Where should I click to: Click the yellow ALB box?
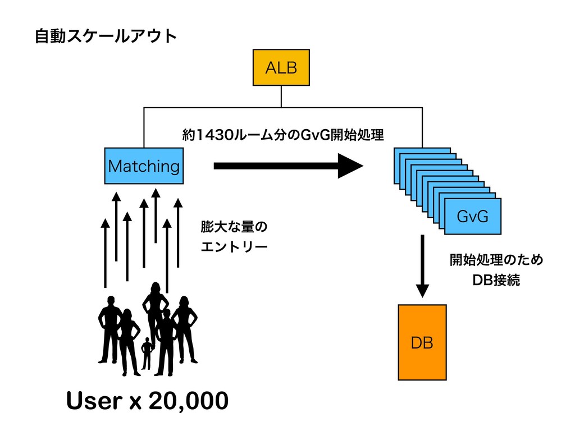click(x=281, y=67)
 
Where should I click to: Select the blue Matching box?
click(x=144, y=166)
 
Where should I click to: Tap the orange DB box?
click(x=422, y=342)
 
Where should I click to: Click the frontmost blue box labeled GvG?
click(x=473, y=216)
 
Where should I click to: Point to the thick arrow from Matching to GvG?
click(x=288, y=166)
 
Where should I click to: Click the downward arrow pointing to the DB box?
click(x=422, y=266)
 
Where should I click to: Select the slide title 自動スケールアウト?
click(x=106, y=36)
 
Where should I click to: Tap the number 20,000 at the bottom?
click(x=189, y=401)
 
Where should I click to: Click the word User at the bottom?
click(x=94, y=400)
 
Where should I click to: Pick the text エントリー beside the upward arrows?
click(x=234, y=247)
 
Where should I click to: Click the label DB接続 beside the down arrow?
click(x=496, y=280)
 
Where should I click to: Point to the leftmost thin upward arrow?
click(x=105, y=253)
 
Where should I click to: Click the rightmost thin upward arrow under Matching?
click(x=178, y=233)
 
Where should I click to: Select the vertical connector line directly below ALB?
click(x=281, y=97)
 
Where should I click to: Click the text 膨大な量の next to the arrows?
click(x=234, y=227)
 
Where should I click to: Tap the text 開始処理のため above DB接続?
click(x=496, y=260)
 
